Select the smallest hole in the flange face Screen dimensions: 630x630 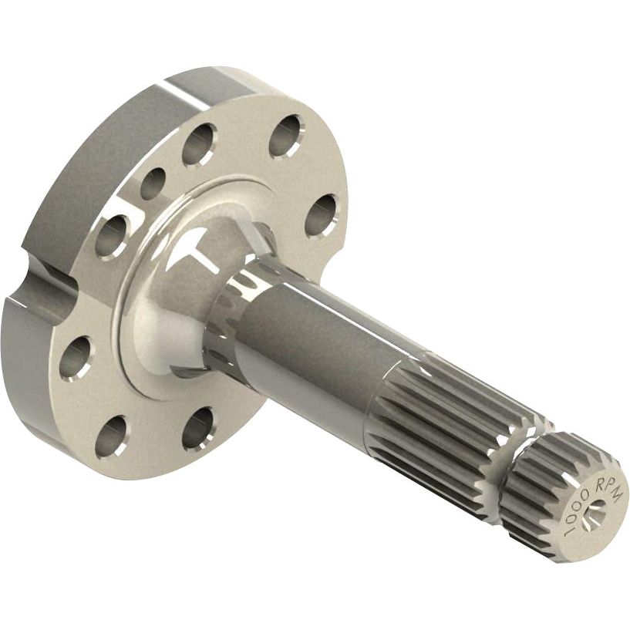[152, 184]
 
